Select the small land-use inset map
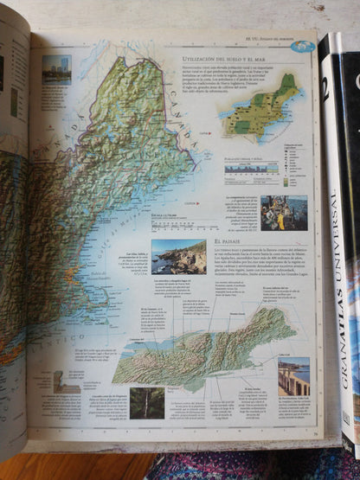pyautogui.click(x=260, y=108)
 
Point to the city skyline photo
pyautogui.click(x=57, y=69)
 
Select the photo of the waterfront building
pyautogui.click(x=294, y=376)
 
